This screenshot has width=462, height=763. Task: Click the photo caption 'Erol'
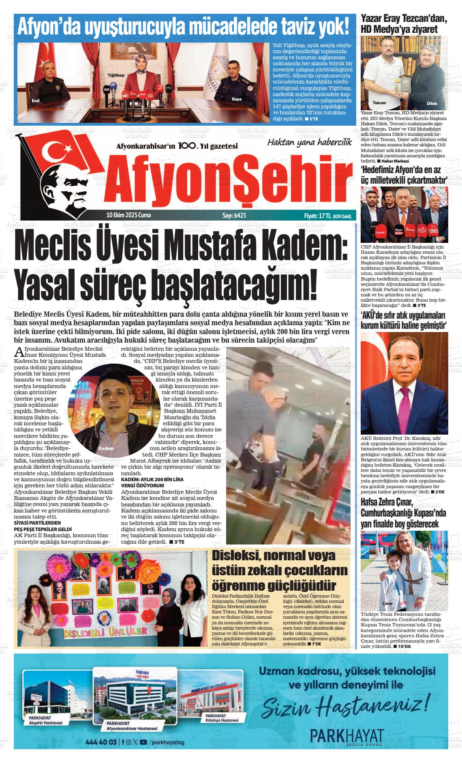[36, 101]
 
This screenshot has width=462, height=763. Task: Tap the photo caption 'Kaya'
[236, 99]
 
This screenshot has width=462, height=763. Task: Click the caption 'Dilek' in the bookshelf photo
[432, 103]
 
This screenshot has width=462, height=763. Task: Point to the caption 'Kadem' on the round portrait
[106, 448]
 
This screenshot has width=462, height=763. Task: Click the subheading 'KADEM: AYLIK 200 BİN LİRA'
[152, 479]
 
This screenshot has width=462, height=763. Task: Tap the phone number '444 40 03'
[101, 742]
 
